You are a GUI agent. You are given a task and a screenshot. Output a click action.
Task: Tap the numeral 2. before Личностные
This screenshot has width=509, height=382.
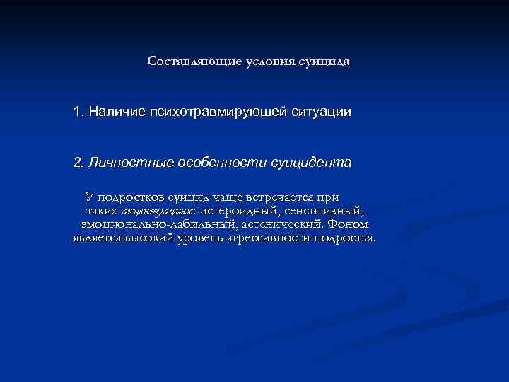pyautogui.click(x=78, y=163)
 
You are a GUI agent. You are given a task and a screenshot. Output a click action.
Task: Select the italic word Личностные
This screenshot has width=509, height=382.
pyautogui.click(x=122, y=163)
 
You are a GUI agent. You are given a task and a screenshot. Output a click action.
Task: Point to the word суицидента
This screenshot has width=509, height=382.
pyautogui.click(x=311, y=163)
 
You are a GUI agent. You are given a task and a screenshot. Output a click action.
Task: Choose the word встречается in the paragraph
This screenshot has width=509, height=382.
pyautogui.click(x=272, y=197)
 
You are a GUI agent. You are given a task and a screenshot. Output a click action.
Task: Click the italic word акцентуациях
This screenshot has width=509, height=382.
pyautogui.click(x=158, y=211)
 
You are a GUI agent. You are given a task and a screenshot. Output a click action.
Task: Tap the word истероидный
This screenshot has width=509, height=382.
pyautogui.click(x=237, y=211)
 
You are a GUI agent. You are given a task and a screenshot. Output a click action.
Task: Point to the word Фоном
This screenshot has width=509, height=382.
pyautogui.click(x=347, y=224)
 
